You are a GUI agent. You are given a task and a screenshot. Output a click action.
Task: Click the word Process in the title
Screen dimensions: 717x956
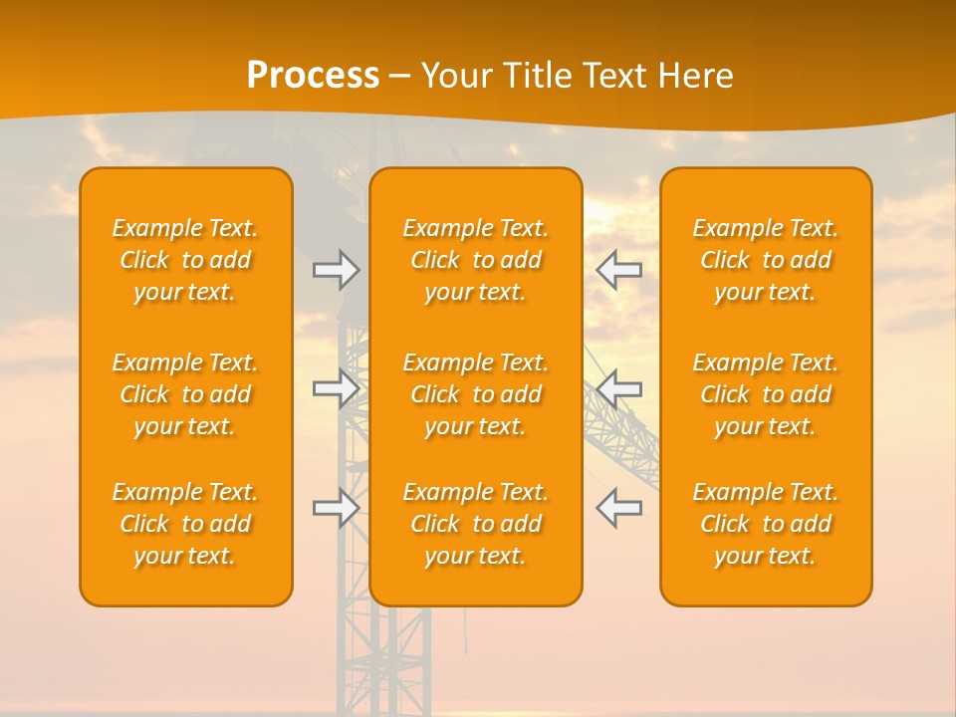(313, 75)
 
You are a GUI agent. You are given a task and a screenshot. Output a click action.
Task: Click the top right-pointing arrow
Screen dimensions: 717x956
(336, 270)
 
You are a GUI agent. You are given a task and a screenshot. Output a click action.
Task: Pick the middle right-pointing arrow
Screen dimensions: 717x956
(336, 388)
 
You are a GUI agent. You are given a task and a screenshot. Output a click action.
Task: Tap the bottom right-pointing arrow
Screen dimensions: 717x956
(336, 508)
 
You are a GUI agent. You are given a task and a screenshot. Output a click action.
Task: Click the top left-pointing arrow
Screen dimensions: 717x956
(618, 270)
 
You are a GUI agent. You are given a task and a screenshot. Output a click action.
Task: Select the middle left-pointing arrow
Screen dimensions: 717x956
(618, 388)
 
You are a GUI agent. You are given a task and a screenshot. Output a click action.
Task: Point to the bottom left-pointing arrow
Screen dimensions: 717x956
(618, 508)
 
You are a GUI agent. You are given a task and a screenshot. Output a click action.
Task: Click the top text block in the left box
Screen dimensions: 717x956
(185, 260)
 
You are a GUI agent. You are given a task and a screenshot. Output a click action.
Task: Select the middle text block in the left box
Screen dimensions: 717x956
(185, 394)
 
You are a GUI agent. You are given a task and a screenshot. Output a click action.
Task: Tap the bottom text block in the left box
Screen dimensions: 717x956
(185, 524)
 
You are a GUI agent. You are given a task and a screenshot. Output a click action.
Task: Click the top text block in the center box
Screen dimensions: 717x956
(475, 260)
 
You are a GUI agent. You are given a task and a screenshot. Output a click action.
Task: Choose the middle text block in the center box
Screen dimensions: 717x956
(475, 394)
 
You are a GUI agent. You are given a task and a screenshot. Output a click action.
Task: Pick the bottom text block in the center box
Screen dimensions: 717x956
(475, 524)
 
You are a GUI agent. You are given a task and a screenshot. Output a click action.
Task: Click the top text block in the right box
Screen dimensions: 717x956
(765, 260)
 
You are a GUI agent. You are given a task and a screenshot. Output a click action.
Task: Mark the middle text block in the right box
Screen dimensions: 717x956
(765, 394)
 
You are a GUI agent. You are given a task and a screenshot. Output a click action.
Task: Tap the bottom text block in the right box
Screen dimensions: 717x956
(765, 524)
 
